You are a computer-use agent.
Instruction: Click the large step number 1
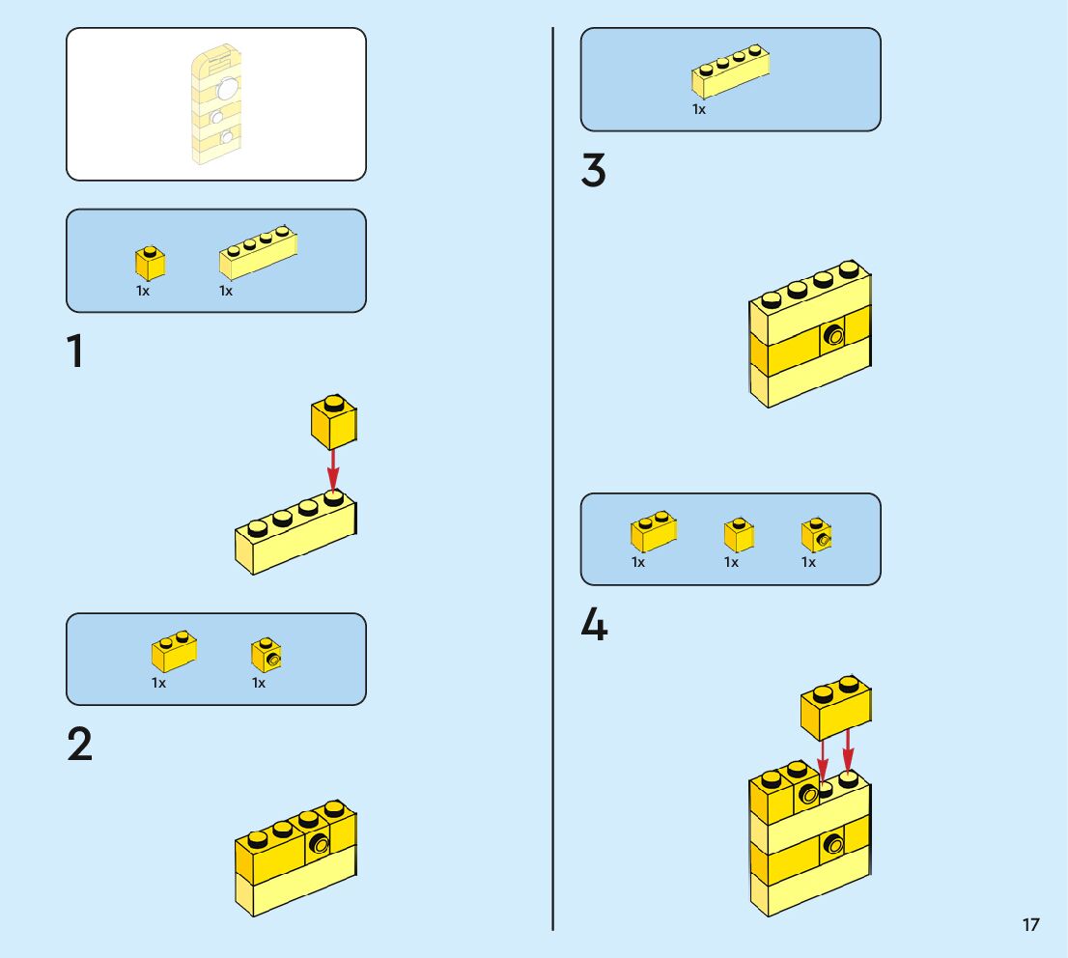click(x=75, y=352)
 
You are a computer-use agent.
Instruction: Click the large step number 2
click(x=80, y=744)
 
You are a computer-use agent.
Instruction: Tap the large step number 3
click(x=593, y=170)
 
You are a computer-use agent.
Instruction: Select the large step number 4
click(x=594, y=624)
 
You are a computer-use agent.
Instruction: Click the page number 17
click(x=1030, y=924)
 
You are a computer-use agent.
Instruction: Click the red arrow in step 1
click(x=332, y=469)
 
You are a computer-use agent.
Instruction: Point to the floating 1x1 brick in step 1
click(x=334, y=422)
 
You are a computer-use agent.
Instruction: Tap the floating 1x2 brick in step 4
click(x=835, y=707)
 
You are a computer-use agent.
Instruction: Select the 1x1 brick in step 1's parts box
click(x=150, y=263)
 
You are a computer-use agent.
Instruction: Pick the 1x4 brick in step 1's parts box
click(x=258, y=252)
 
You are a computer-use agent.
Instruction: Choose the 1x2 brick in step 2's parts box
click(x=175, y=652)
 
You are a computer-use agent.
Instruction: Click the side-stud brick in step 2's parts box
click(x=267, y=655)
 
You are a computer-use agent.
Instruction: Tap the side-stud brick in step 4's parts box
click(x=817, y=535)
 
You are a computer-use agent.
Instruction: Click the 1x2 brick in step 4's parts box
click(x=654, y=531)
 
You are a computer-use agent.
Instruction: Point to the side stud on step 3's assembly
click(x=833, y=334)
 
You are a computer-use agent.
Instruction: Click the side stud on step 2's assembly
click(x=319, y=845)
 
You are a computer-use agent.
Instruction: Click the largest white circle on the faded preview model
click(x=227, y=88)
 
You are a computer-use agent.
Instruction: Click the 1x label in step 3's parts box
click(x=699, y=109)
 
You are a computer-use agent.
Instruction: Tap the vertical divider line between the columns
click(x=553, y=479)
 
